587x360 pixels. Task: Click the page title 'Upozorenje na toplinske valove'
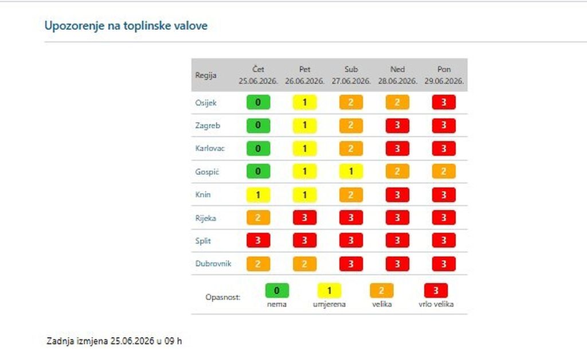[x=126, y=26]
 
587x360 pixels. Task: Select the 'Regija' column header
[x=206, y=75]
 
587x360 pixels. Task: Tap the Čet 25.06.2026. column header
[x=259, y=75]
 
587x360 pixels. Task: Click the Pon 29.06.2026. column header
[x=444, y=75]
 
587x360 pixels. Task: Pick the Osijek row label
[x=206, y=103]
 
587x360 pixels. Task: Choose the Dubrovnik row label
[x=213, y=264]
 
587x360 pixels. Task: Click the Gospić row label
[x=207, y=172]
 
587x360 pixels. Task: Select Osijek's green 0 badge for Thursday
[x=259, y=103]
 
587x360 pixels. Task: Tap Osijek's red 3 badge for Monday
[x=444, y=103]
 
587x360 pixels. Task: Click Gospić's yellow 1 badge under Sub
[x=351, y=171]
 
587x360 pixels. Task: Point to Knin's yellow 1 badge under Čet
[x=259, y=195]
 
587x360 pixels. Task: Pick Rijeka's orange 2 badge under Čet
[x=259, y=218]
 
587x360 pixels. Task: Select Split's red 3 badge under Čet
[x=259, y=241]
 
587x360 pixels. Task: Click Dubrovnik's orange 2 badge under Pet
[x=305, y=264]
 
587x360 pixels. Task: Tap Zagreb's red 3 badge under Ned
[x=398, y=126]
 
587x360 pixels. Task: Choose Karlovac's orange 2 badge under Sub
[x=351, y=148]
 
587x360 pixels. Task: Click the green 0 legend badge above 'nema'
[x=277, y=291]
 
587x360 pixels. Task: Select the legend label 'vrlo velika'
[x=436, y=304]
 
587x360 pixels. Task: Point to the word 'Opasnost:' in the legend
[x=223, y=298]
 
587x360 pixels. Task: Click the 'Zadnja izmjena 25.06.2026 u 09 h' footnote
[x=114, y=341]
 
